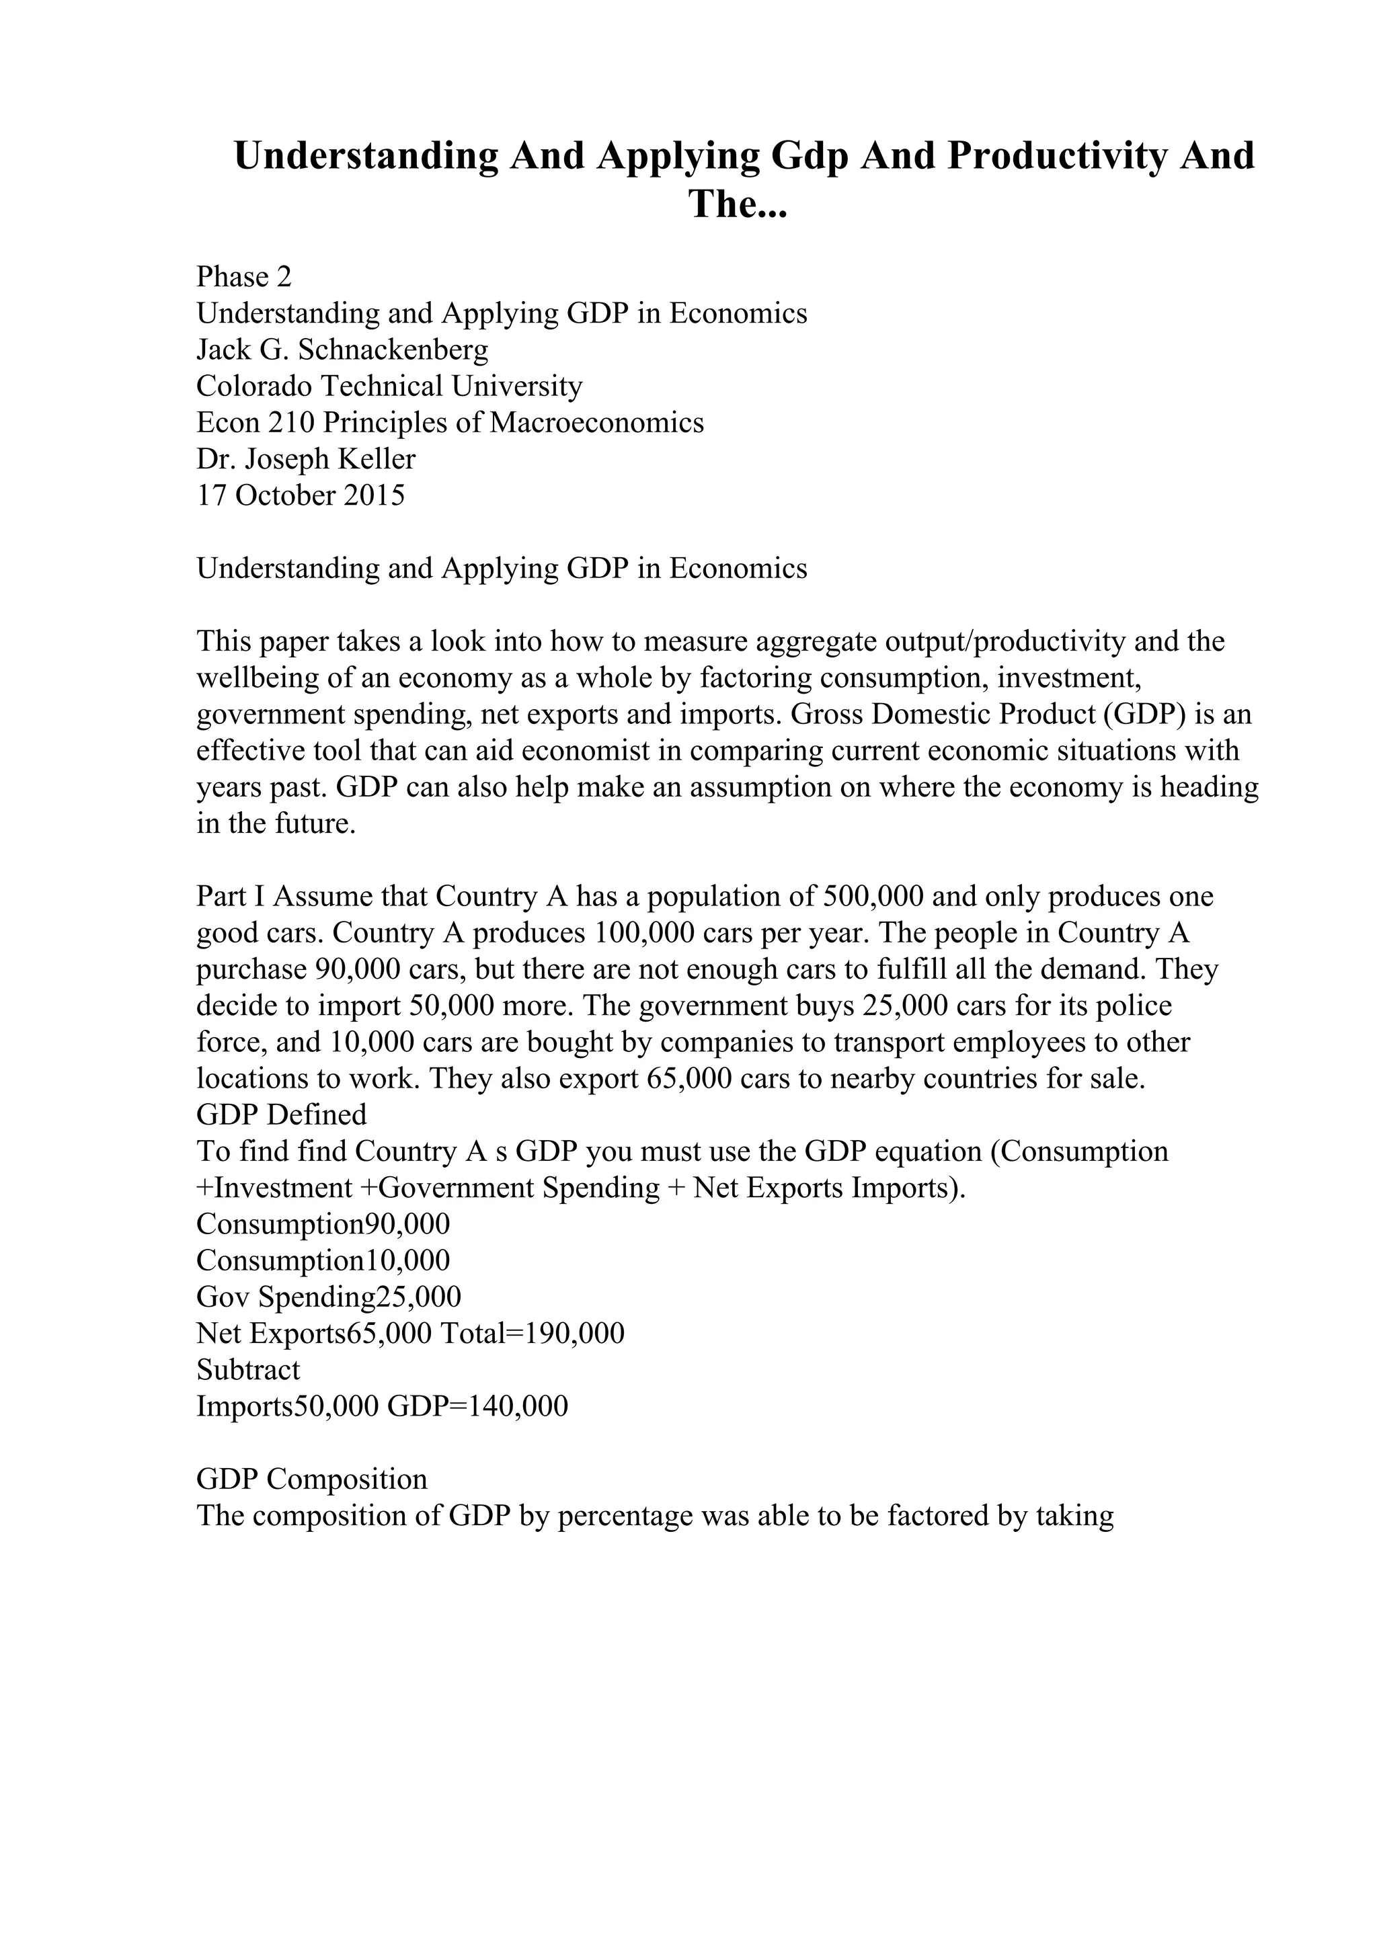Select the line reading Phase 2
[x=244, y=276]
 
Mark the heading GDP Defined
[x=282, y=1115]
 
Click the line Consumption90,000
[x=323, y=1224]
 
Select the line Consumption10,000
[x=323, y=1261]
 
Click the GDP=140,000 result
[x=477, y=1407]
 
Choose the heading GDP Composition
[x=312, y=1479]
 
